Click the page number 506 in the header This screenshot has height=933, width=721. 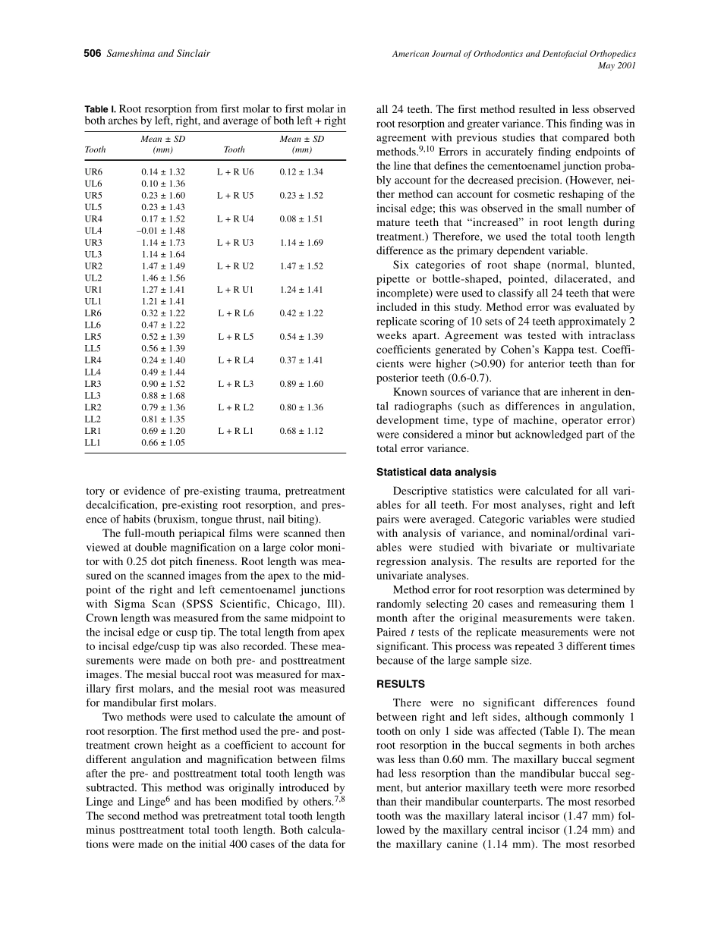coord(92,54)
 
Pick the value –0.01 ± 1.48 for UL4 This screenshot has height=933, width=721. coord(162,231)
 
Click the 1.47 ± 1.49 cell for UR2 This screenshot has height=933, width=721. coord(163,266)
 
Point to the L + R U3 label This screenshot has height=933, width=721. coord(235,243)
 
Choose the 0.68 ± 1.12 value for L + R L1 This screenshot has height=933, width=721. coord(301,431)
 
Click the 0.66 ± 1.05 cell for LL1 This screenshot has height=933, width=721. coord(163,443)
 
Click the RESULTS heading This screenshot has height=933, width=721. coord(401,683)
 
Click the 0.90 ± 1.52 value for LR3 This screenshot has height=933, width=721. coord(163,384)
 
